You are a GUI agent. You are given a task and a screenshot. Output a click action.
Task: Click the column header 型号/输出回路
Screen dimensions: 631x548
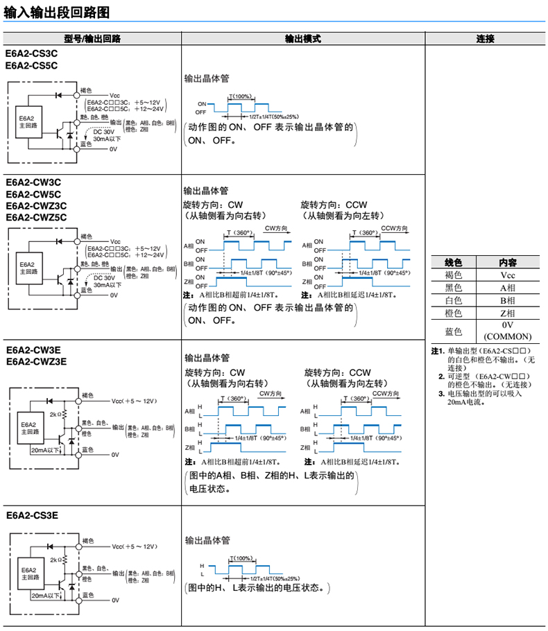92,39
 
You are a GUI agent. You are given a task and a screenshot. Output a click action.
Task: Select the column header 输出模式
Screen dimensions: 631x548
303,39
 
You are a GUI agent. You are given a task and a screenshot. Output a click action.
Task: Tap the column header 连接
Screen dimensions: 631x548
485,39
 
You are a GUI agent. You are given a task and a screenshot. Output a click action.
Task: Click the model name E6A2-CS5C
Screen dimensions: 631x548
31,65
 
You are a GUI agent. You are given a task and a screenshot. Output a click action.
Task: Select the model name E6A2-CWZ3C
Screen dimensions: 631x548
36,205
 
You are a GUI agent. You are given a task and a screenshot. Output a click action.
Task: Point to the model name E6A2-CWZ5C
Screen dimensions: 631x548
36,217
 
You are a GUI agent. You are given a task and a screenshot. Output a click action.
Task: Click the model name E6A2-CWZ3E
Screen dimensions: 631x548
36,361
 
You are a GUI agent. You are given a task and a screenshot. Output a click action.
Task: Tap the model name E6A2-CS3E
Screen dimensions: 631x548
32,515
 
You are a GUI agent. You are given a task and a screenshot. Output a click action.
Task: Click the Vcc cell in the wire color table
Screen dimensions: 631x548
507,275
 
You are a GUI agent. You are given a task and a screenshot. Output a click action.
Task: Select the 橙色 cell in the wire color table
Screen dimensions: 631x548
453,313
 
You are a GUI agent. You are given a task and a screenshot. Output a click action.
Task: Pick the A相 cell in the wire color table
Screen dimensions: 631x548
507,288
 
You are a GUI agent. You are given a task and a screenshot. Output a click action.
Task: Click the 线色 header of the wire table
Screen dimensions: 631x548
453,262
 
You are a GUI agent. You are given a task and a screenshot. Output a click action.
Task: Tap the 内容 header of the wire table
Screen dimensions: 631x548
507,262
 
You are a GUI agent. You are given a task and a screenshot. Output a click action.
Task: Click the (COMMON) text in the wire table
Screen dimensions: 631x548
507,336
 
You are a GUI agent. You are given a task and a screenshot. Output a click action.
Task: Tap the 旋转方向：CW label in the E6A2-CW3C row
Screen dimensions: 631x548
213,205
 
